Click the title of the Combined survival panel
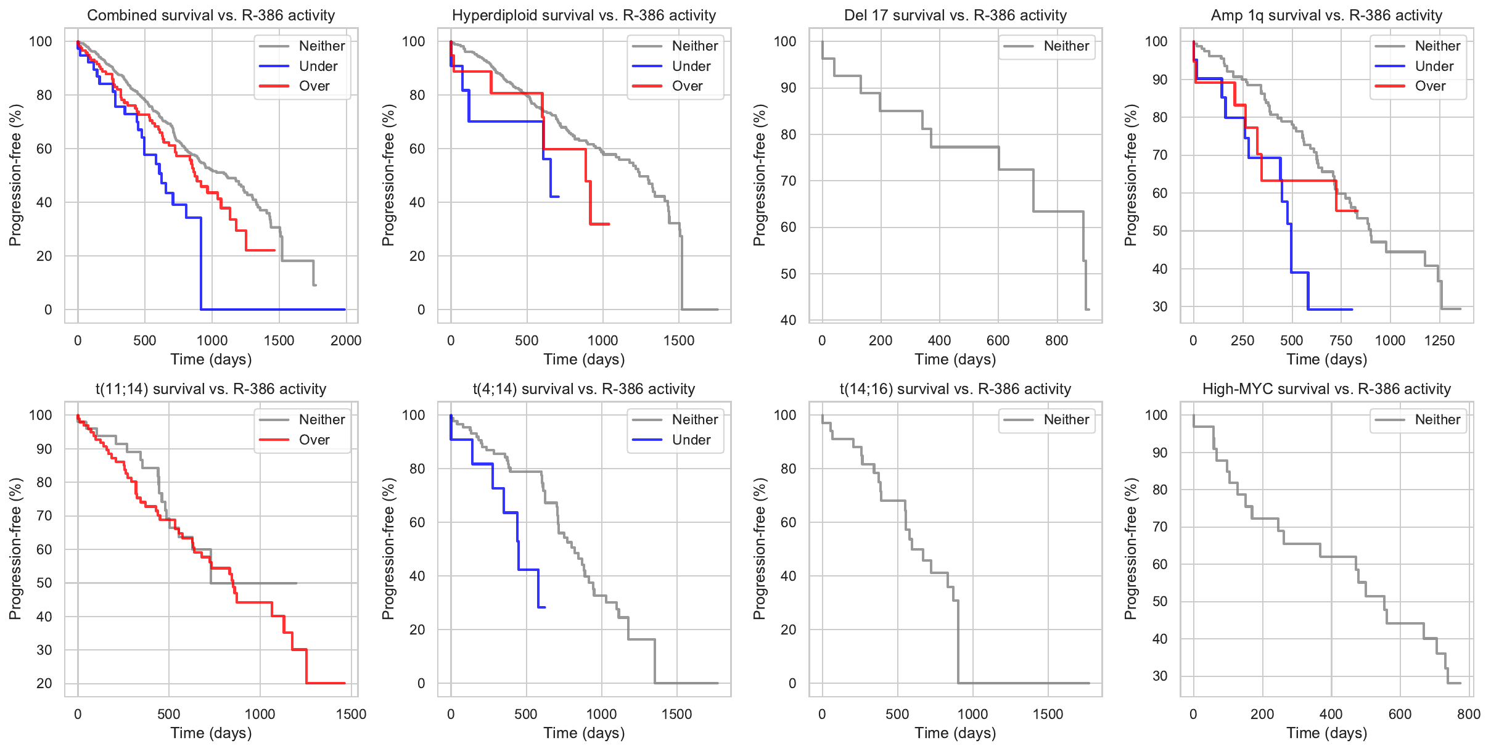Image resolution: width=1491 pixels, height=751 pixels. tap(211, 15)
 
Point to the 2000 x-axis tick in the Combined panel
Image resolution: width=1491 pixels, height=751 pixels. tap(345, 340)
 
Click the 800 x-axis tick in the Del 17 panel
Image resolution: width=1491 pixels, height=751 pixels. tap(1056, 340)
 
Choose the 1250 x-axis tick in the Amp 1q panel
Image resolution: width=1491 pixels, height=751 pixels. tap(1439, 340)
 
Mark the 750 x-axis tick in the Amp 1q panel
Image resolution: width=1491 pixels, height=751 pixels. tap(1341, 340)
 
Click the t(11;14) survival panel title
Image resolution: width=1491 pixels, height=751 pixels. tap(211, 389)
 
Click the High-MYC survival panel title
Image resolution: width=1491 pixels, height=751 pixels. tap(1326, 389)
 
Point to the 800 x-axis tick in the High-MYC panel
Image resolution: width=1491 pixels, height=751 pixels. tap(1468, 714)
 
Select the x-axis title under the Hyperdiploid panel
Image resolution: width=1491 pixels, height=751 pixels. tap(584, 359)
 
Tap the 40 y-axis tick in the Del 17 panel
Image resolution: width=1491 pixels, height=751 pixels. tap(787, 320)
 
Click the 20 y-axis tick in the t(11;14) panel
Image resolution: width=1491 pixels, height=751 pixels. tap(44, 683)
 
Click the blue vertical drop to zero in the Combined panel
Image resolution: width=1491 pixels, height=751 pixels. tap(201, 265)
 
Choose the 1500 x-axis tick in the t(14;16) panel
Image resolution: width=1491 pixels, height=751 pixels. tap(1048, 714)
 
